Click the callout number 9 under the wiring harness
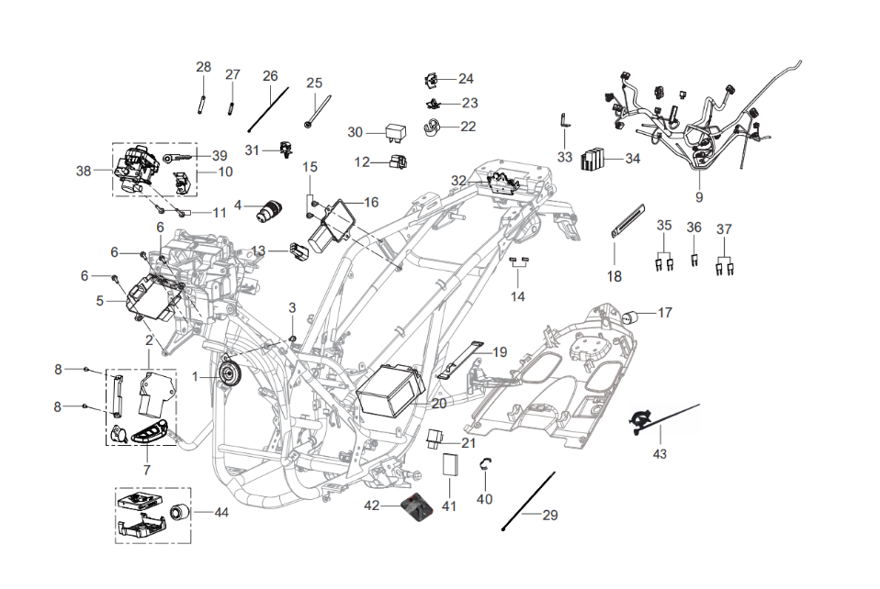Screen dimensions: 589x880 pyautogui.click(x=698, y=197)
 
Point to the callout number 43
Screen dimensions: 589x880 pyautogui.click(x=660, y=453)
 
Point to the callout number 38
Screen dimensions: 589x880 pyautogui.click(x=85, y=171)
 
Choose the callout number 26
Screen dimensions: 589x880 pyautogui.click(x=270, y=75)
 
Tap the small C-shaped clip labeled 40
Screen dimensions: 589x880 pyautogui.click(x=483, y=471)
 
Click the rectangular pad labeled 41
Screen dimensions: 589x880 pyautogui.click(x=449, y=462)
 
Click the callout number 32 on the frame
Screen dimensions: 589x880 pyautogui.click(x=458, y=180)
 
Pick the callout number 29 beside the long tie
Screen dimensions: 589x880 pyautogui.click(x=550, y=516)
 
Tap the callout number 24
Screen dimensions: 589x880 pyautogui.click(x=466, y=79)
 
